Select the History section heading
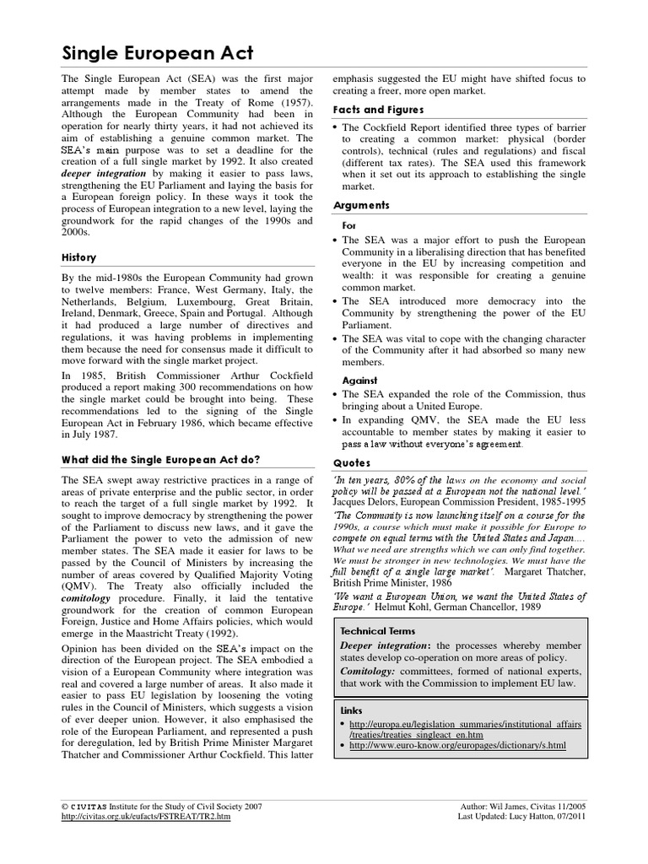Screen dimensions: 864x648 click(x=79, y=257)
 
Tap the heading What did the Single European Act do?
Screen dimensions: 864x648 click(x=161, y=460)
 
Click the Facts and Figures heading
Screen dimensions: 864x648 click(x=377, y=110)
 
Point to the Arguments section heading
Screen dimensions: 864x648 click(x=361, y=205)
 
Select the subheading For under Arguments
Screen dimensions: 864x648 click(x=348, y=226)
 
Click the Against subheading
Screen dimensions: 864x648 click(x=359, y=381)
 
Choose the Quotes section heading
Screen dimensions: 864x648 click(x=353, y=462)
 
